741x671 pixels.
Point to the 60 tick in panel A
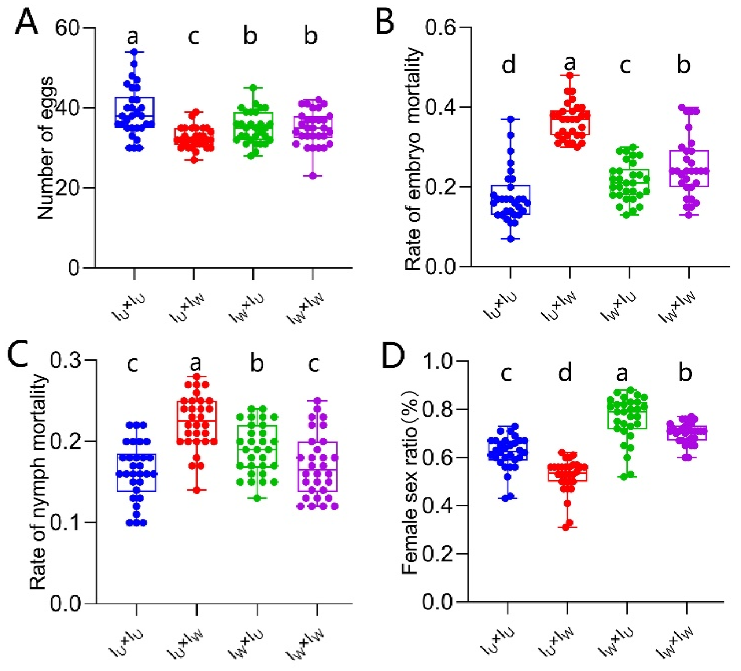67,28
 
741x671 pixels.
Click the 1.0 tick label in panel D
439,362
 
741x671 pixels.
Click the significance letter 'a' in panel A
133,36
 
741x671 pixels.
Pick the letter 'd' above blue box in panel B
509,65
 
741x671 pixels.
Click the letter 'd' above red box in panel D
565,373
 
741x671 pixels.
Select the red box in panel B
570,122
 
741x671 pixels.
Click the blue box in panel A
134,112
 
